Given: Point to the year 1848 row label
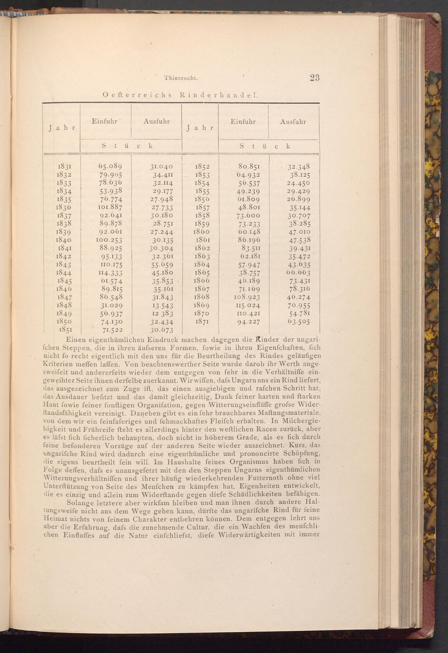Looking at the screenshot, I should click(64, 305).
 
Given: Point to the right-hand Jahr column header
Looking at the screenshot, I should click(200, 127).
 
